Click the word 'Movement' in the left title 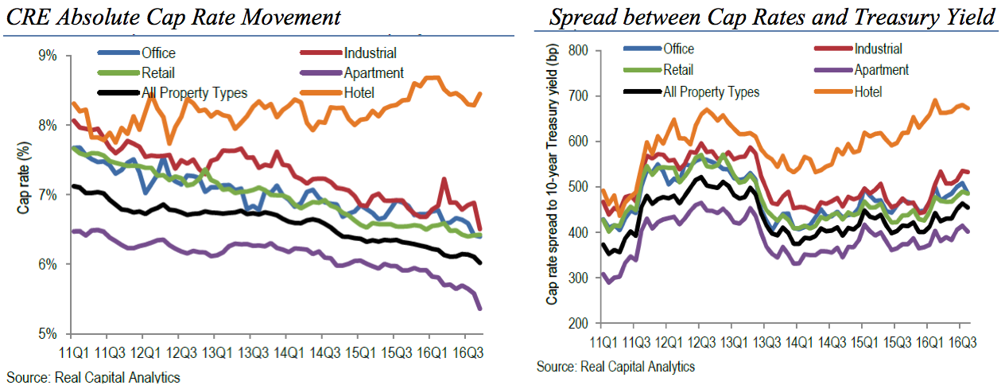[x=293, y=17]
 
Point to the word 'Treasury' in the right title [x=872, y=17]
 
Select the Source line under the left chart [x=94, y=377]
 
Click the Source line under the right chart [x=615, y=367]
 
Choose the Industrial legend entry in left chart [x=370, y=53]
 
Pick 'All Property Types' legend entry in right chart [x=711, y=91]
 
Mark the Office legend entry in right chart [x=680, y=48]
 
